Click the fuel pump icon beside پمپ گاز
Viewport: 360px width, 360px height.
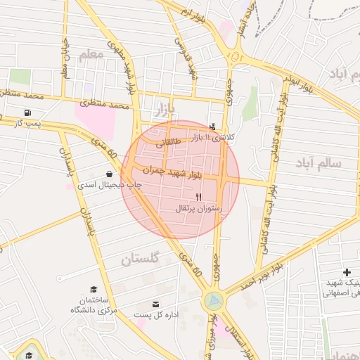click(27, 112)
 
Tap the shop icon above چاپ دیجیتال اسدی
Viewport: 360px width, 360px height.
click(109, 174)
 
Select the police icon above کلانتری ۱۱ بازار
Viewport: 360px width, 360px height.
click(213, 127)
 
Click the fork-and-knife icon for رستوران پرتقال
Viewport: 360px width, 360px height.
click(200, 197)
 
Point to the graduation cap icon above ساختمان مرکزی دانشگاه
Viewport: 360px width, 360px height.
click(94, 290)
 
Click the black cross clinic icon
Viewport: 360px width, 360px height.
click(346, 272)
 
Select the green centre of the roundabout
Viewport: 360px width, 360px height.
click(213, 301)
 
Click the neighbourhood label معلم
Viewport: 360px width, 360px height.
click(91, 56)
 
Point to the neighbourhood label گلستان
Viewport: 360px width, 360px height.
click(141, 259)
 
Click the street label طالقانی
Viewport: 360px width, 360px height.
click(171, 143)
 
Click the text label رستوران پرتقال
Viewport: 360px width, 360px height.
click(201, 209)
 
